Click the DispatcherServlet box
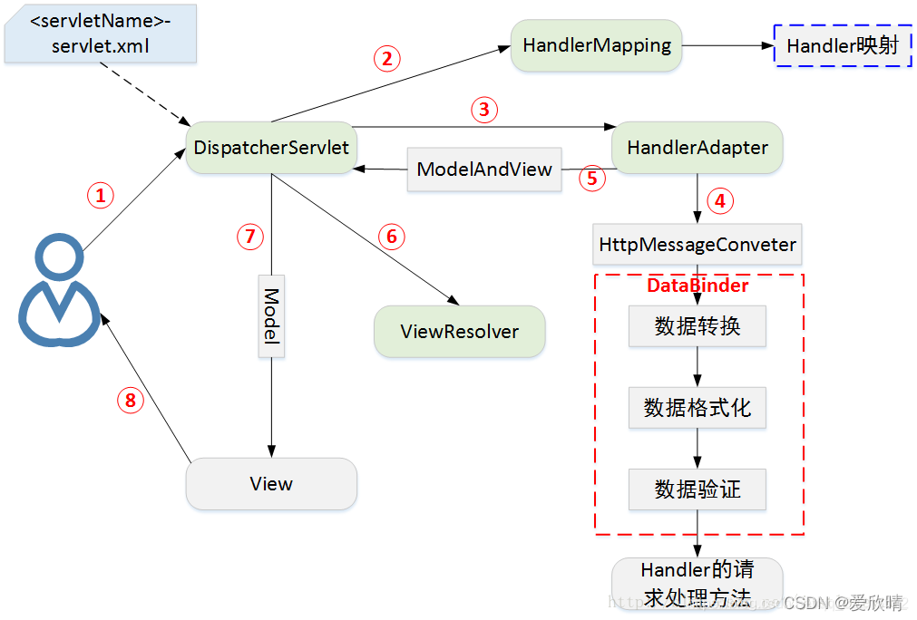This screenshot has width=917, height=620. [271, 148]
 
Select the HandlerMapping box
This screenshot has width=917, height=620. [597, 45]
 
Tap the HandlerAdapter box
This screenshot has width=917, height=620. [697, 148]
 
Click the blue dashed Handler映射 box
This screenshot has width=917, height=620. [842, 45]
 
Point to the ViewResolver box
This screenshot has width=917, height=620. [459, 332]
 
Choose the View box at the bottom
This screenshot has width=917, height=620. [271, 484]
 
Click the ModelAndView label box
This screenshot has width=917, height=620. [484, 170]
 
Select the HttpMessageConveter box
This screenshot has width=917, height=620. [698, 245]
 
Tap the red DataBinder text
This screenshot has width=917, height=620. [698, 286]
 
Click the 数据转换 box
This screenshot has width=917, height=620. [698, 326]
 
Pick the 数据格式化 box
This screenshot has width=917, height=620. [698, 408]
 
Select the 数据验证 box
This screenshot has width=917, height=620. [698, 489]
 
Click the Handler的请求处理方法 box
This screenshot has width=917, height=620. [697, 583]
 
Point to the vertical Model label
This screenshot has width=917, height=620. [271, 315]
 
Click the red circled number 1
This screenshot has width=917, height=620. [101, 195]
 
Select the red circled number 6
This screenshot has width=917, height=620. [392, 237]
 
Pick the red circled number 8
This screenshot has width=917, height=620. [130, 401]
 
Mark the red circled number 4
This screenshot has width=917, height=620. [720, 201]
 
